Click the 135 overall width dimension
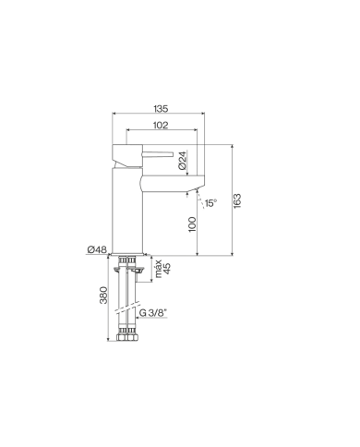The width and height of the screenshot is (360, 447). [x=161, y=109]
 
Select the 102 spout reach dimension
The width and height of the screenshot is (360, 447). [x=161, y=125]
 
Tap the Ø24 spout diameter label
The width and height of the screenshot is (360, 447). [x=183, y=161]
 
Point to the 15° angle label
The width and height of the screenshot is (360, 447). [x=210, y=203]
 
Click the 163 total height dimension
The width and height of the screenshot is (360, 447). [x=237, y=200]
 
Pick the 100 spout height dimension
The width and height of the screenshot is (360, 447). [x=192, y=224]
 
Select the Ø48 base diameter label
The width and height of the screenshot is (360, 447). [x=97, y=249]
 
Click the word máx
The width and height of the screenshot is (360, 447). [x=158, y=269]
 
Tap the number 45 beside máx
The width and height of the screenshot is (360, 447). [x=167, y=269]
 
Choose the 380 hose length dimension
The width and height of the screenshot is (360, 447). [x=103, y=295]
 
